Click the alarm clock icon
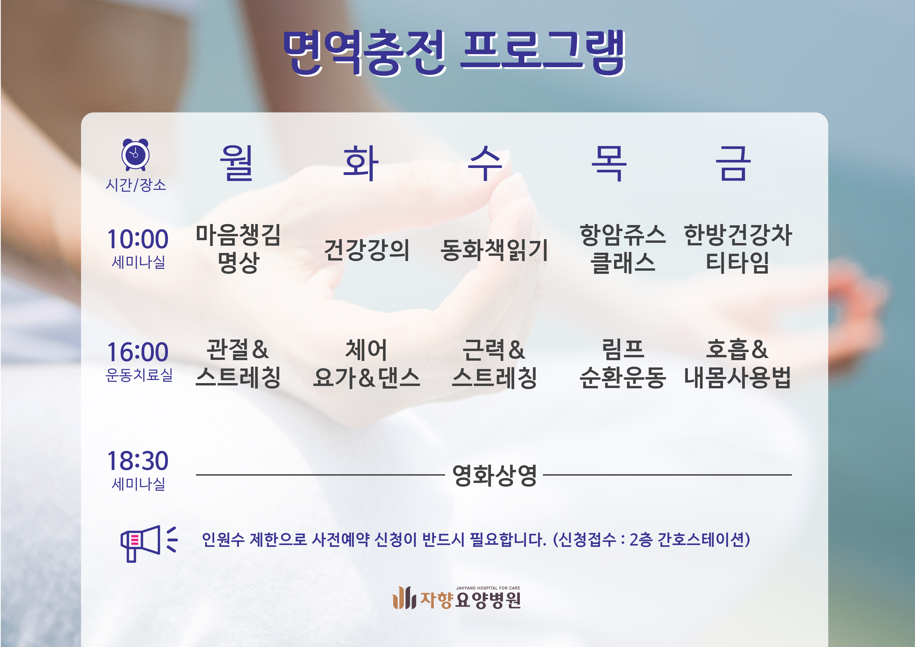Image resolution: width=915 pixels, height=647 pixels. pyautogui.click(x=135, y=155)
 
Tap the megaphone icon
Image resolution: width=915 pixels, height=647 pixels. pyautogui.click(x=149, y=543)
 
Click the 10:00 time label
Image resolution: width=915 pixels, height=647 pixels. pyautogui.click(x=138, y=239)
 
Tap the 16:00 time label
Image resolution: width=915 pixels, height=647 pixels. pyautogui.click(x=138, y=352)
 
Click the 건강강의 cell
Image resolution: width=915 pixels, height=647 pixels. pyautogui.click(x=367, y=250)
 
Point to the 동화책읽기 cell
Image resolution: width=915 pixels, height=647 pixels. pyautogui.click(x=494, y=250)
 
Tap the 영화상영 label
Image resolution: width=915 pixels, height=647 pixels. pyautogui.click(x=495, y=475)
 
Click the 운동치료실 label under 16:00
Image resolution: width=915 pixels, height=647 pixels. pyautogui.click(x=139, y=375)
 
